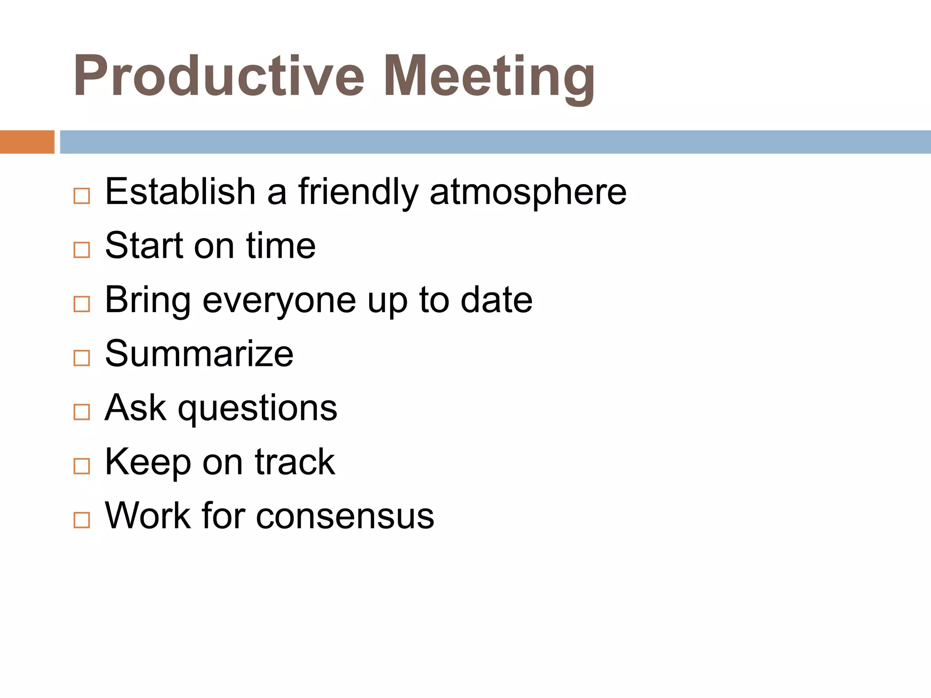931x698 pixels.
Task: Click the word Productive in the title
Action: [x=218, y=76]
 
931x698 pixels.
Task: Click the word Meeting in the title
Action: [x=489, y=76]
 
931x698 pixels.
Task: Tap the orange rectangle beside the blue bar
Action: [x=27, y=142]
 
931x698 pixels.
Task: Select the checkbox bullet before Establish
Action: [x=82, y=196]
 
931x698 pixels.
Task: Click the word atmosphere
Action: [x=528, y=192]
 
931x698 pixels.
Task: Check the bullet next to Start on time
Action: [x=82, y=250]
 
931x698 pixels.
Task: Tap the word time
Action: [x=280, y=246]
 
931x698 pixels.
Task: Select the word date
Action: [x=496, y=300]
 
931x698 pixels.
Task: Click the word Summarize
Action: [x=199, y=354]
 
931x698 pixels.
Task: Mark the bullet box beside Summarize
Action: [x=82, y=358]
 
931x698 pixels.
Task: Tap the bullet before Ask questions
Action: [x=82, y=412]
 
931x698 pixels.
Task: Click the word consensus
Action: [x=345, y=516]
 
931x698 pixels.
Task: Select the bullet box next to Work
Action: [x=82, y=520]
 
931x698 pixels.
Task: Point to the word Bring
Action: [x=148, y=301]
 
